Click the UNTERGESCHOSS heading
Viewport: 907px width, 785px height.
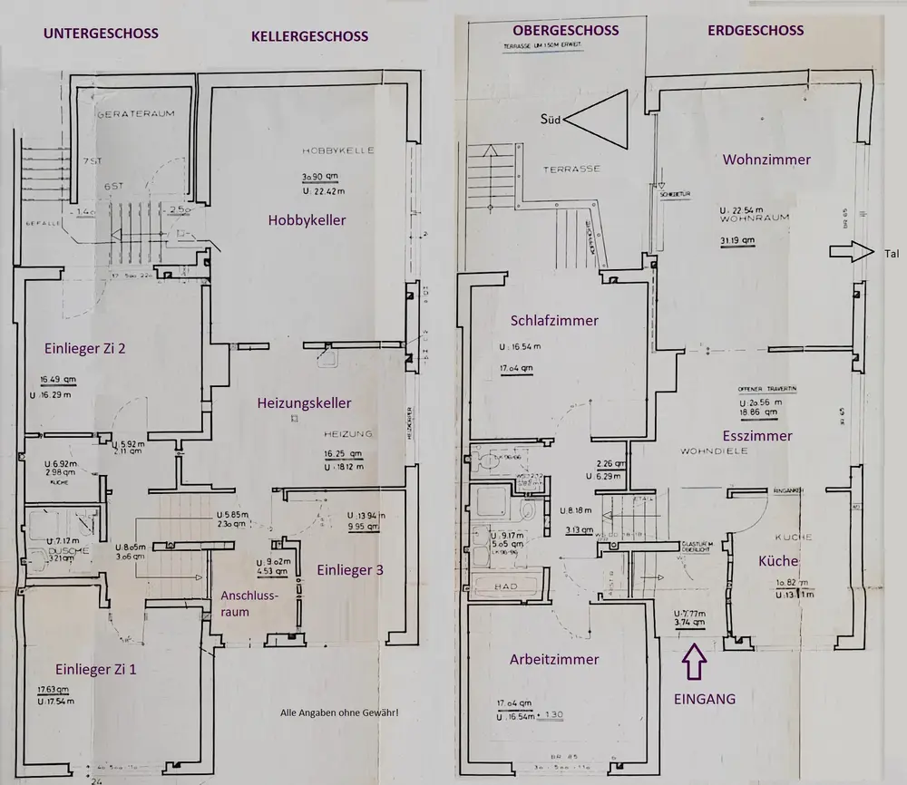point(100,34)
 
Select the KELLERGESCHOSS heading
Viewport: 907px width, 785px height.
point(310,36)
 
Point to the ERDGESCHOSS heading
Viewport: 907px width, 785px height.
point(755,31)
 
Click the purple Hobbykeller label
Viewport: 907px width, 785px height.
point(307,219)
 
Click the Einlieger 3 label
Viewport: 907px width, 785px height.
point(349,570)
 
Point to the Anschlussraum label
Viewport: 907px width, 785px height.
point(249,604)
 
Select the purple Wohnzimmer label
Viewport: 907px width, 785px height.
point(766,160)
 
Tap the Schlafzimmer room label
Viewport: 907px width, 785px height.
point(554,320)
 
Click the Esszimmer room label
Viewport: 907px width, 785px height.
point(758,435)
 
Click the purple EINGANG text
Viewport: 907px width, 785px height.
point(704,699)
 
